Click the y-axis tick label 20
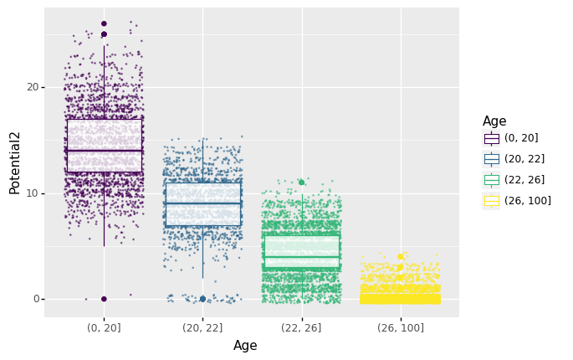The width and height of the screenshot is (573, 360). pyautogui.click(x=33, y=87)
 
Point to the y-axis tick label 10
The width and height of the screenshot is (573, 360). pyautogui.click(x=33, y=193)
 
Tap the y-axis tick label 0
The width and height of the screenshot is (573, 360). pyautogui.click(x=35, y=299)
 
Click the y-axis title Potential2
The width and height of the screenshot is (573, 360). pyautogui.click(x=15, y=162)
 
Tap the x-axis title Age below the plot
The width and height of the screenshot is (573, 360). pyautogui.click(x=245, y=346)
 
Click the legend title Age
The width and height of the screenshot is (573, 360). pyautogui.click(x=494, y=121)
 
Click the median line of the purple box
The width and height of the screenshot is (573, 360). pyautogui.click(x=104, y=151)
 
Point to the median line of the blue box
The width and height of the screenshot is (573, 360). pyautogui.click(x=202, y=203)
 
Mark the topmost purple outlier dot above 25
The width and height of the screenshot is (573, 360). pyautogui.click(x=104, y=23)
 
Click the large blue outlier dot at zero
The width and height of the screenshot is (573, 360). pyautogui.click(x=202, y=299)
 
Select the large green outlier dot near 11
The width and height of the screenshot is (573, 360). pyautogui.click(x=301, y=183)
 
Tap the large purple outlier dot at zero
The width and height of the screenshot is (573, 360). pyautogui.click(x=104, y=299)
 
